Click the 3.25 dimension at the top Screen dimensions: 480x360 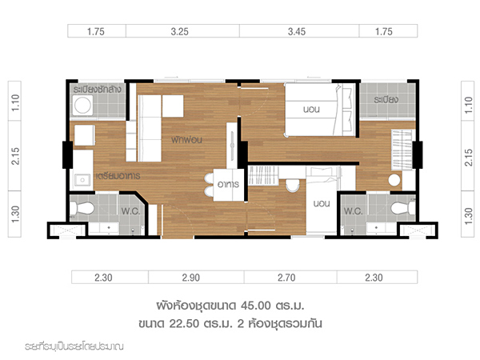click(180, 31)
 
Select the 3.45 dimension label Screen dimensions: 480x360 click(297, 31)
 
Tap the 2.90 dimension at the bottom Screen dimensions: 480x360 click(191, 278)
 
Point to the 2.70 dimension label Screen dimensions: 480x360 click(286, 278)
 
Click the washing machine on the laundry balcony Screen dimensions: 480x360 click(82, 105)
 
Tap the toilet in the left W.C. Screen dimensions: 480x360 click(82, 208)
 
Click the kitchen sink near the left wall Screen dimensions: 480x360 click(82, 180)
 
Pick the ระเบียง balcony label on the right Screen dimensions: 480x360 click(386, 99)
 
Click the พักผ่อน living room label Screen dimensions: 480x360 click(186, 140)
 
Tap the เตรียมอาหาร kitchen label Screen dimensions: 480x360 click(118, 176)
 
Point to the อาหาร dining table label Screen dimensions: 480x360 click(228, 184)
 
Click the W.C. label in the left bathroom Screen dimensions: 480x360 click(130, 211)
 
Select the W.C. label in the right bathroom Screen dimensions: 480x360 click(354, 211)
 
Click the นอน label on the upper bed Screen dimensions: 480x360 click(311, 110)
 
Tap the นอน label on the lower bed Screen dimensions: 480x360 click(322, 203)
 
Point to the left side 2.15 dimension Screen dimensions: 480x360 click(15, 156)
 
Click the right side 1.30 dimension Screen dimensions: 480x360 click(468, 216)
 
